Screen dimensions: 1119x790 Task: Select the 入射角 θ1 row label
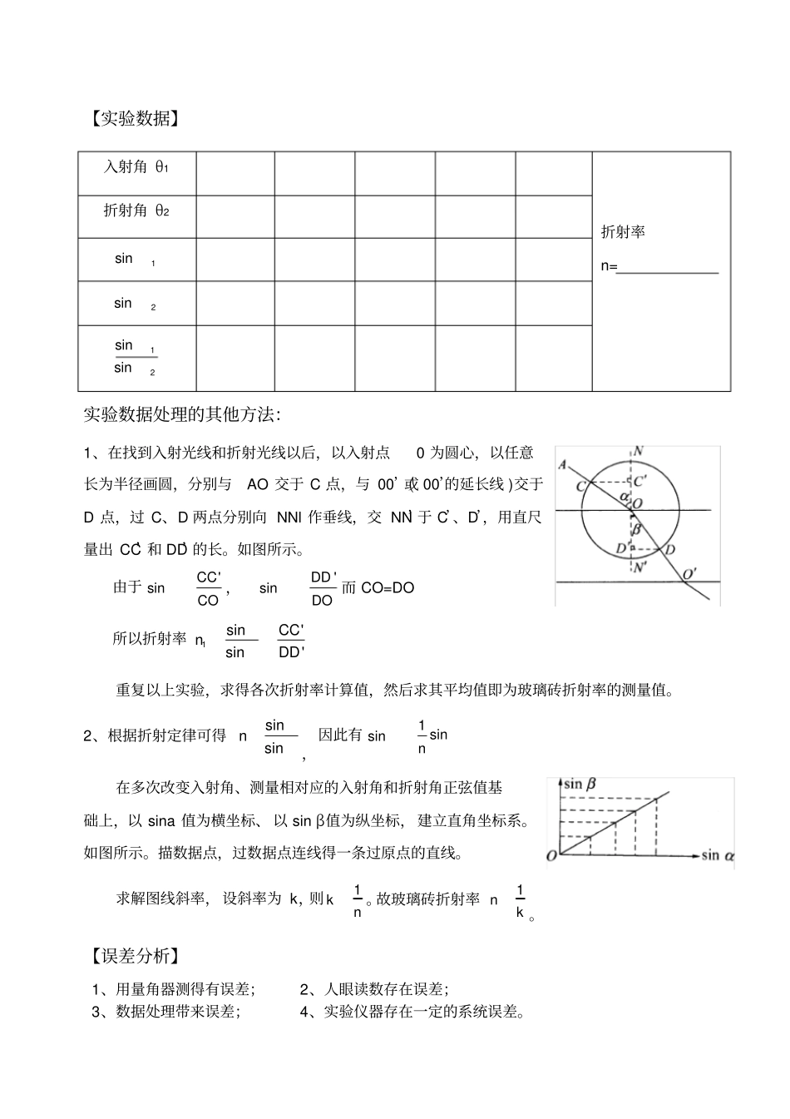[x=136, y=166]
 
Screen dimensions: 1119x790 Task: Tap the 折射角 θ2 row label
[x=136, y=210]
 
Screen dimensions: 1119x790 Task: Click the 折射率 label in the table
[x=623, y=232]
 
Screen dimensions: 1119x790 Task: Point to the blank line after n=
[x=669, y=268]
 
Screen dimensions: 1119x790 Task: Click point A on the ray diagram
[x=564, y=464]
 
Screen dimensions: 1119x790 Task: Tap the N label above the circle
[x=638, y=452]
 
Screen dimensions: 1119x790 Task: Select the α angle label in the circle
[x=624, y=497]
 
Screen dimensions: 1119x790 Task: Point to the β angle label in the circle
[x=637, y=528]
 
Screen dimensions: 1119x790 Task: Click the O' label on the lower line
[x=689, y=573]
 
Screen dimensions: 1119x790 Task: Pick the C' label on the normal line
[x=641, y=481]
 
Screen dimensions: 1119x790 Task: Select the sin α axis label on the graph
[x=718, y=855]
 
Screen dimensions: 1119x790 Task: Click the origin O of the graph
[x=552, y=855]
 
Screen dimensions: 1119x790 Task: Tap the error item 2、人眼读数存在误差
[x=374, y=989]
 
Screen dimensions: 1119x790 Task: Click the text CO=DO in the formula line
[x=388, y=587]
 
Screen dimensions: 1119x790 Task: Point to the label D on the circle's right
[x=670, y=549]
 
